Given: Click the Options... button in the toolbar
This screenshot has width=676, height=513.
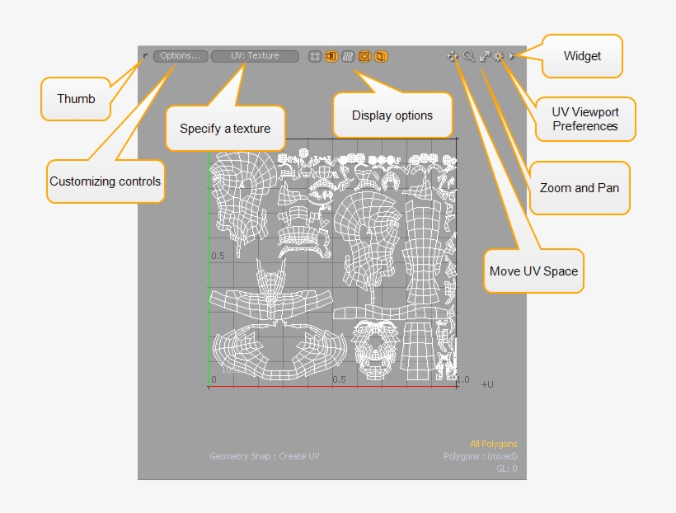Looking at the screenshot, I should (180, 56).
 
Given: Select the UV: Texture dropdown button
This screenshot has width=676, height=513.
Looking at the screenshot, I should (255, 56).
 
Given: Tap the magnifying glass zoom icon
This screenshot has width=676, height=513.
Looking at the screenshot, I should (468, 56).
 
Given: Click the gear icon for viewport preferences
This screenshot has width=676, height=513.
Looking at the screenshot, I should (498, 56).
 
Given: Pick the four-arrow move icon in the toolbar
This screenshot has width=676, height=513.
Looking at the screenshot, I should (453, 56).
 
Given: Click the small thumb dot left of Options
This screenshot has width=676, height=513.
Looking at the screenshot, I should (146, 57).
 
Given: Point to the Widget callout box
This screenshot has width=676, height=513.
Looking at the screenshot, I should (582, 56).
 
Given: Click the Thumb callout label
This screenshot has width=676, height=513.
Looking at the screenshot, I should (76, 99).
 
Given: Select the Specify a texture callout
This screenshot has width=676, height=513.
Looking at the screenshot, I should (225, 128).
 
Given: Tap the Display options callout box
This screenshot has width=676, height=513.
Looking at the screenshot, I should (392, 115).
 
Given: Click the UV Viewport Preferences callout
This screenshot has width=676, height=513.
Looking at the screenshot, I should (585, 119).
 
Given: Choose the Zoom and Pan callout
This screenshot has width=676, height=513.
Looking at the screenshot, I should (579, 187).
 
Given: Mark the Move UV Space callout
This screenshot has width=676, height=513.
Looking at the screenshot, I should (533, 271).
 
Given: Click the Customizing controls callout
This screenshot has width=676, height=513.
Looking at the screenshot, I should (105, 181).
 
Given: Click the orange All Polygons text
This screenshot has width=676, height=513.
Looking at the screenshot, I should (494, 444).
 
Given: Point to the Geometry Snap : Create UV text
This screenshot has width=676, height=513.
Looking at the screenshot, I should (264, 456).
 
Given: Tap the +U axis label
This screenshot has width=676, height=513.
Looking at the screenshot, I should (487, 384).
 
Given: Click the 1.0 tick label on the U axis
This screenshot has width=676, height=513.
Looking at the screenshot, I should (462, 379).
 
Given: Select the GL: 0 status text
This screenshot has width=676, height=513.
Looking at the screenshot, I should (506, 468).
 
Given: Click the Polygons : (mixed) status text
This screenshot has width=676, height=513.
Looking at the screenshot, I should (481, 456).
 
